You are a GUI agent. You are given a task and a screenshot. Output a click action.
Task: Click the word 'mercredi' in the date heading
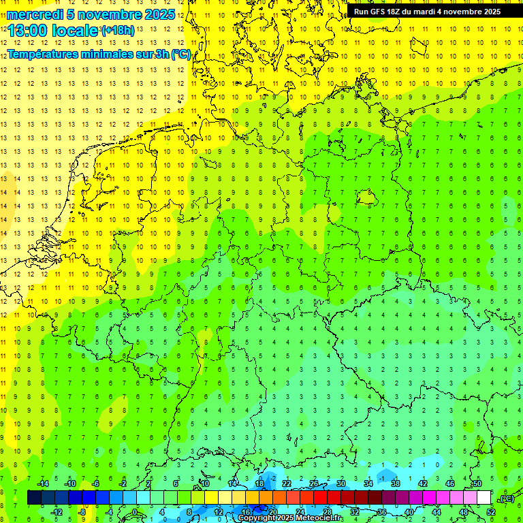[x=35, y=14]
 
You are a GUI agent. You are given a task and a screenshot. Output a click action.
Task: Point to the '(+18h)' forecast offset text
[x=118, y=31]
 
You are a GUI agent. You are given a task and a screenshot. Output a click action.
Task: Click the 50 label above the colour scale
[x=477, y=484]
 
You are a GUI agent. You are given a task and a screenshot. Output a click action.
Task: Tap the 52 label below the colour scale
[x=490, y=512]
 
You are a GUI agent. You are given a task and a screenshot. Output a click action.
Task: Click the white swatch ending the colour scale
[x=484, y=498]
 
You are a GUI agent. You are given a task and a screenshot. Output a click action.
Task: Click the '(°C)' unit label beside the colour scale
[x=507, y=498]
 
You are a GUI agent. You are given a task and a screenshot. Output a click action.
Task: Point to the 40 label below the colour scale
[x=409, y=512]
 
